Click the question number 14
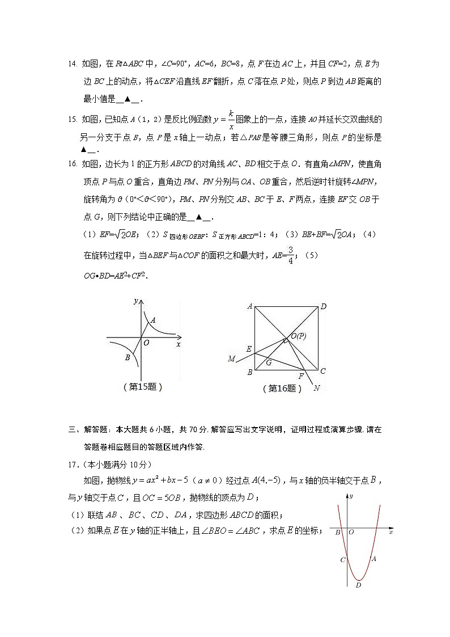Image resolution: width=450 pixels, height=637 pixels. (x=73, y=64)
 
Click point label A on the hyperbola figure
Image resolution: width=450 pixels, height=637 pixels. (x=153, y=320)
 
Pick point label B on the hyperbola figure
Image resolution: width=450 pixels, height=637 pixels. (x=128, y=358)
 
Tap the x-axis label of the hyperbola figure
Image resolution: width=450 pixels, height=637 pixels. (x=179, y=344)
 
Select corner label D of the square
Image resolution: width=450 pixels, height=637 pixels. (x=323, y=307)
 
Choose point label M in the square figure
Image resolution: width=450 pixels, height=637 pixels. (x=231, y=358)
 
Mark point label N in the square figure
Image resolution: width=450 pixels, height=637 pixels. (x=316, y=389)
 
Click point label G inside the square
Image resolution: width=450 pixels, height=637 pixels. (x=269, y=362)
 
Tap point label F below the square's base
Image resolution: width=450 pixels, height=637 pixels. (x=301, y=376)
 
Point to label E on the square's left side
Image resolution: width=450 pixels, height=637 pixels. (x=248, y=349)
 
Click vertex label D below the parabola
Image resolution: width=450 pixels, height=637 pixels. (x=358, y=586)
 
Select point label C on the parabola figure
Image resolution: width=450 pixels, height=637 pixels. (x=342, y=560)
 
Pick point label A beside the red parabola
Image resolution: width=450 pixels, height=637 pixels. (x=373, y=558)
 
